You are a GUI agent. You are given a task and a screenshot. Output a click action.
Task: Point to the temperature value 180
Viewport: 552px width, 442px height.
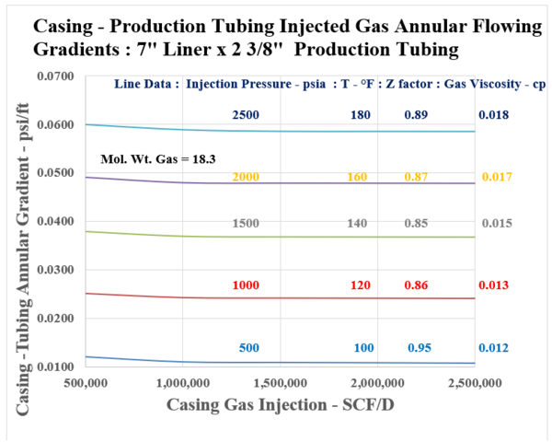[x=362, y=114]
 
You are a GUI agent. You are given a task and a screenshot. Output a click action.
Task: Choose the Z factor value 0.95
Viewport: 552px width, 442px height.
[x=420, y=348]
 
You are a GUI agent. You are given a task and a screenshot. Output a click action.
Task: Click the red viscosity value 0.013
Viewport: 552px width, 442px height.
[x=493, y=286]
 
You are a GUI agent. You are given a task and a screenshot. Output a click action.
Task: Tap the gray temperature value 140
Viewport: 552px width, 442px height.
[x=362, y=223]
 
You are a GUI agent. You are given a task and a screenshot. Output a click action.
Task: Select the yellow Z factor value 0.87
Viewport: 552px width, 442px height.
[x=419, y=176]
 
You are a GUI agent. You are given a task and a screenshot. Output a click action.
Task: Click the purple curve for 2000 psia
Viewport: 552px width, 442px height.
[x=276, y=183]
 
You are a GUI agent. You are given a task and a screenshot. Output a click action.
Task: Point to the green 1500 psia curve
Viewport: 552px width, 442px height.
[x=276, y=237]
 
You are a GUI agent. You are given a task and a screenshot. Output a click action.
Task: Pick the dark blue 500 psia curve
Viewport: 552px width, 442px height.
[x=276, y=362]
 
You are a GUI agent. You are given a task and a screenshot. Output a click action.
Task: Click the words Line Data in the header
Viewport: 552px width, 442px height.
[x=144, y=85]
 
